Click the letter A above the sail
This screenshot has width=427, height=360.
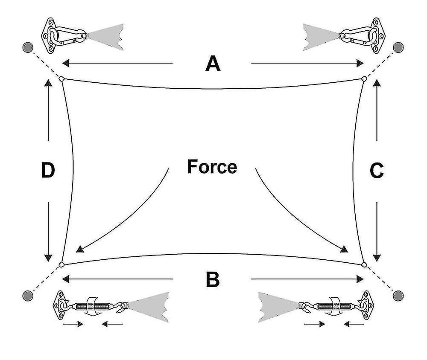click(213, 64)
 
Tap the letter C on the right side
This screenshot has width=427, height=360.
click(376, 171)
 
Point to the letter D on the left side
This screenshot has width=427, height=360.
click(48, 171)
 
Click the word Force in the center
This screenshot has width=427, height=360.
click(212, 166)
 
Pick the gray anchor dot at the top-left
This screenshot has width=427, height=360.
click(28, 47)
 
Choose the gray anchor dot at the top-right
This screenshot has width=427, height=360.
click(398, 47)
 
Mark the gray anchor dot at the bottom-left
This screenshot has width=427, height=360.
click(28, 295)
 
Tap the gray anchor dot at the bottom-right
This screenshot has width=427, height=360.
click(398, 295)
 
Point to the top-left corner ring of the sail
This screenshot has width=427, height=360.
click(61, 79)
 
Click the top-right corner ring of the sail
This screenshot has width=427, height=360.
click(364, 79)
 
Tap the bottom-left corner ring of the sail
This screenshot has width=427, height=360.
click(61, 264)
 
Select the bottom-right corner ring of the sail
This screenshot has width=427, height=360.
click(364, 264)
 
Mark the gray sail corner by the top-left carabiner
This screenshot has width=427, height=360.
click(105, 35)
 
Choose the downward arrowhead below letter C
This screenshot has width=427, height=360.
click(377, 257)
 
